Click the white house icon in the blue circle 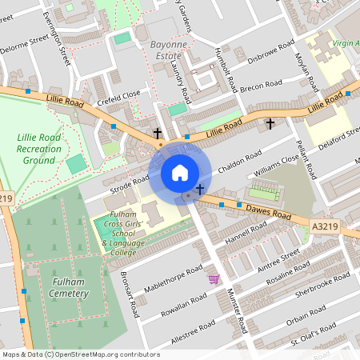point(180,173)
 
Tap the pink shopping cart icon point(214,279)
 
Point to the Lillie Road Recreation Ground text point(38,149)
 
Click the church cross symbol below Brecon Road point(270,123)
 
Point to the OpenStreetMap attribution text point(80,354)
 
